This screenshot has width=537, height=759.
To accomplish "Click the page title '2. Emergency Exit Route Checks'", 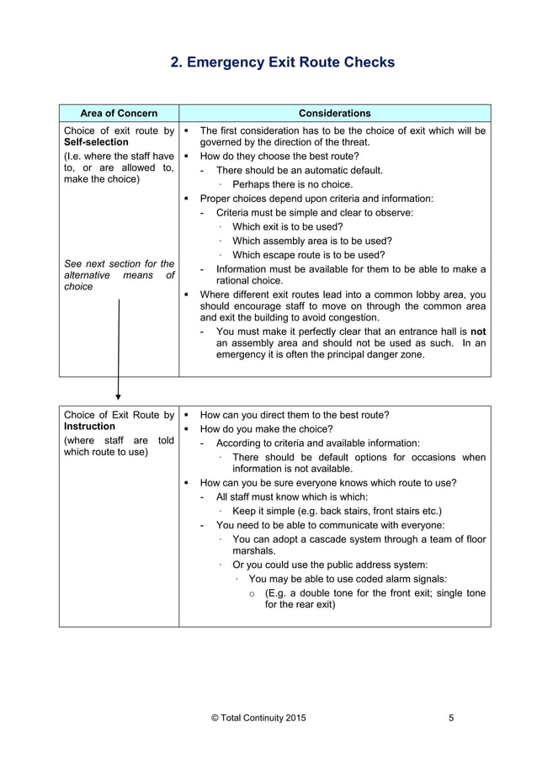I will (x=282, y=62).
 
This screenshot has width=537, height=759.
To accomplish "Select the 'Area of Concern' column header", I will (x=118, y=114).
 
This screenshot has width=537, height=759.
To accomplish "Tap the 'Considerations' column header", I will (x=334, y=114).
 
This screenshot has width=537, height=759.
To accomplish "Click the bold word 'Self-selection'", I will (x=96, y=142).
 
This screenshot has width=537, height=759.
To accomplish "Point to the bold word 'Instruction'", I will (x=89, y=427).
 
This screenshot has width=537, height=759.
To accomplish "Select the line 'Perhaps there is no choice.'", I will (x=292, y=184).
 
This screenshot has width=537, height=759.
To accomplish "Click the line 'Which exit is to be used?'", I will (x=287, y=226).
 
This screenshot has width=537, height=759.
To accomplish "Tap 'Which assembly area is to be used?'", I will (x=311, y=241).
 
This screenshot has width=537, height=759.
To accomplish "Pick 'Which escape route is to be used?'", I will (x=308, y=255).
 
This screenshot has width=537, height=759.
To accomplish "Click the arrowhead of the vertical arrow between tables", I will (x=118, y=394).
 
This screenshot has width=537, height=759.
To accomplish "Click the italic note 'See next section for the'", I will (x=119, y=263).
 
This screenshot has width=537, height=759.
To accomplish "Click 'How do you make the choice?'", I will (x=266, y=428).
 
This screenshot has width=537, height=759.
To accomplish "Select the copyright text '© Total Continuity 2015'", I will (x=258, y=718).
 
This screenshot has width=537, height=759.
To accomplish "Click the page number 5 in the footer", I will (x=452, y=718).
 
